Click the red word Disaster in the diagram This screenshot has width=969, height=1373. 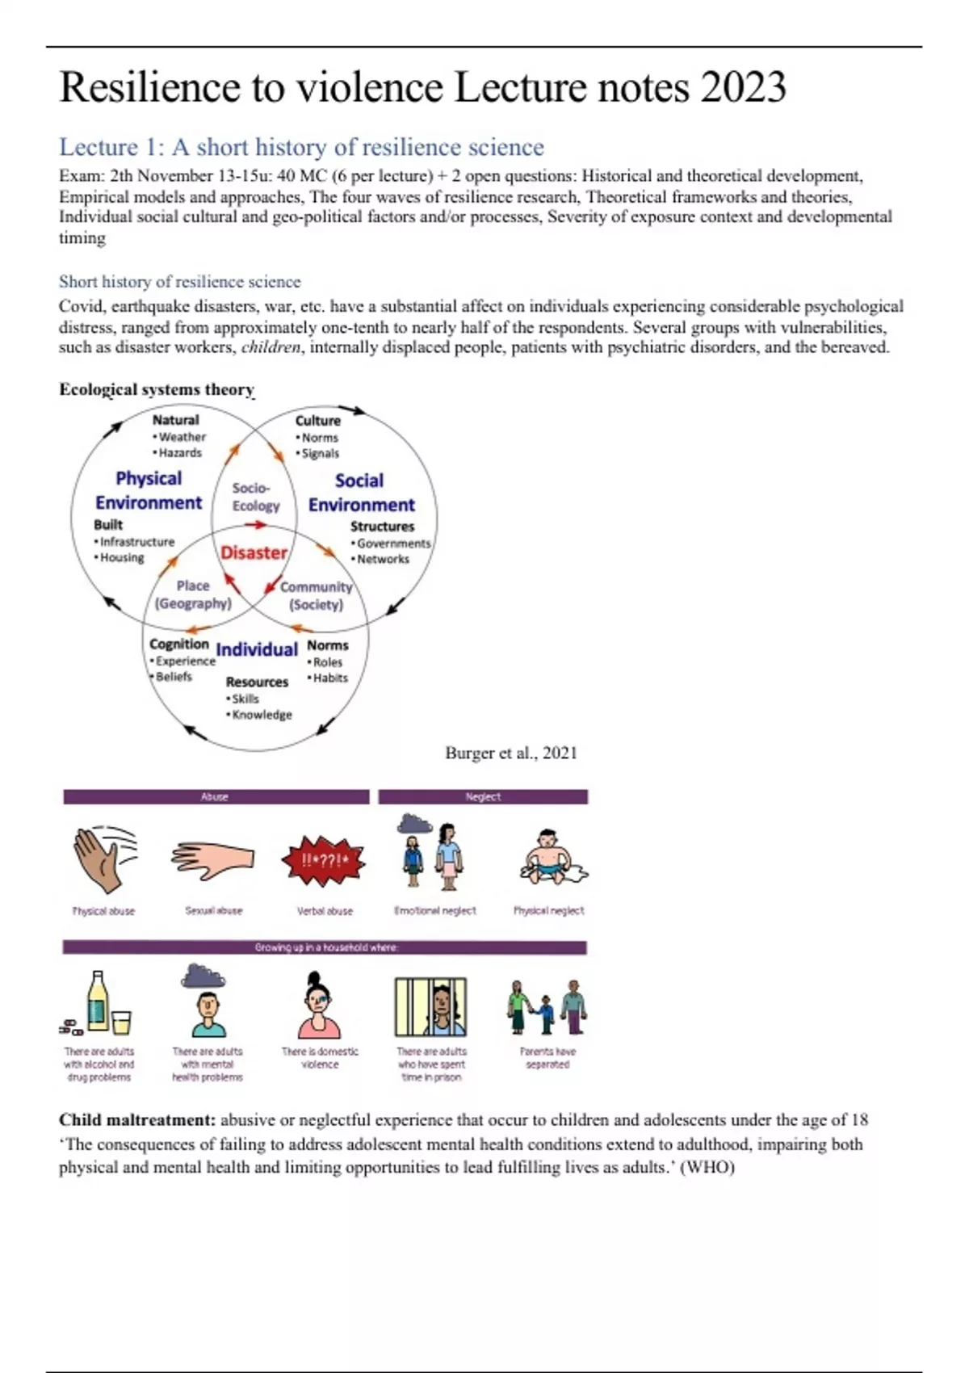(x=254, y=553)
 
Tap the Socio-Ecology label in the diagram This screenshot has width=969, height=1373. (x=255, y=497)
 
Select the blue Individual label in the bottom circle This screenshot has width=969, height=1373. (x=257, y=649)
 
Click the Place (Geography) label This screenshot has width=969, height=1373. (x=193, y=594)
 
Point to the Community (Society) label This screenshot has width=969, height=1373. (x=316, y=596)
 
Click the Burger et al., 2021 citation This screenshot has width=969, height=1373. (x=511, y=753)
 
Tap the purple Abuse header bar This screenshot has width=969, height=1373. (x=216, y=797)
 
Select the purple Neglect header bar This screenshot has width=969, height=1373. (x=483, y=797)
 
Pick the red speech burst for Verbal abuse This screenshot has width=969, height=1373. (x=324, y=860)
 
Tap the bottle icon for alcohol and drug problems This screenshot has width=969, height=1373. (x=98, y=1003)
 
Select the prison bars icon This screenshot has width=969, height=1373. (x=430, y=1006)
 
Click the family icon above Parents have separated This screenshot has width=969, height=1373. (x=547, y=1006)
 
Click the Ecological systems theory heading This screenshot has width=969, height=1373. (x=157, y=389)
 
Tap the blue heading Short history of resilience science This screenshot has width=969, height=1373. (x=179, y=282)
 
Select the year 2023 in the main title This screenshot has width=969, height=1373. (x=743, y=87)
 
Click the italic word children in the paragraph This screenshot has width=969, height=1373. (x=271, y=348)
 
